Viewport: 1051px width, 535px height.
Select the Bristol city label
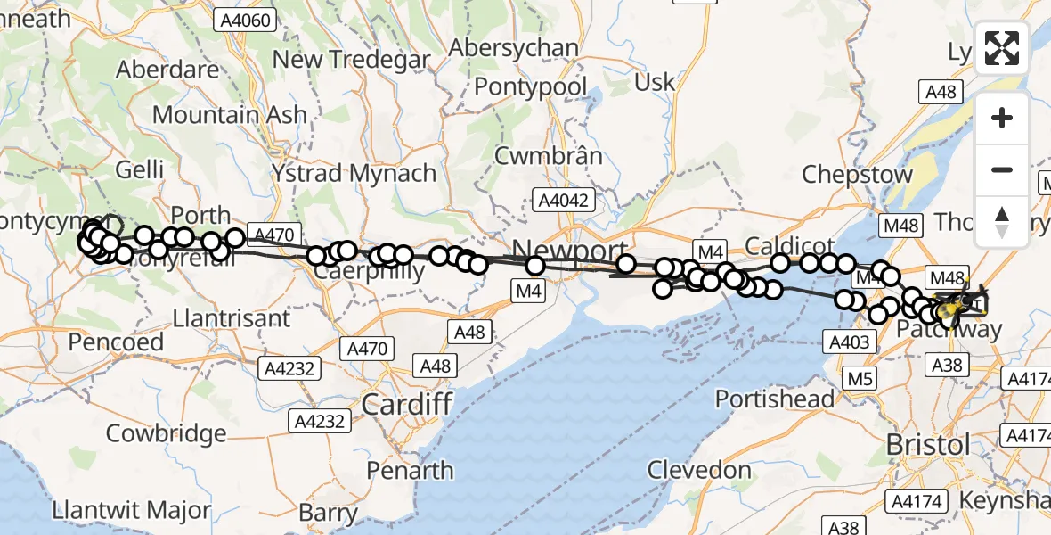point(927,444)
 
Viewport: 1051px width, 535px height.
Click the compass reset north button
point(1002,222)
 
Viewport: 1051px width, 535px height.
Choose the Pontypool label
point(531,86)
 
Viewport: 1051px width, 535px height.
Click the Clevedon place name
point(699,469)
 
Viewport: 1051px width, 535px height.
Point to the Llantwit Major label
point(132,512)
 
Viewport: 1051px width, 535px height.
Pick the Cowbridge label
point(166,434)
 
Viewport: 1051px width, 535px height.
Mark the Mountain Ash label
point(230,115)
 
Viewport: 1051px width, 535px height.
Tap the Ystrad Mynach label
point(354,173)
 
